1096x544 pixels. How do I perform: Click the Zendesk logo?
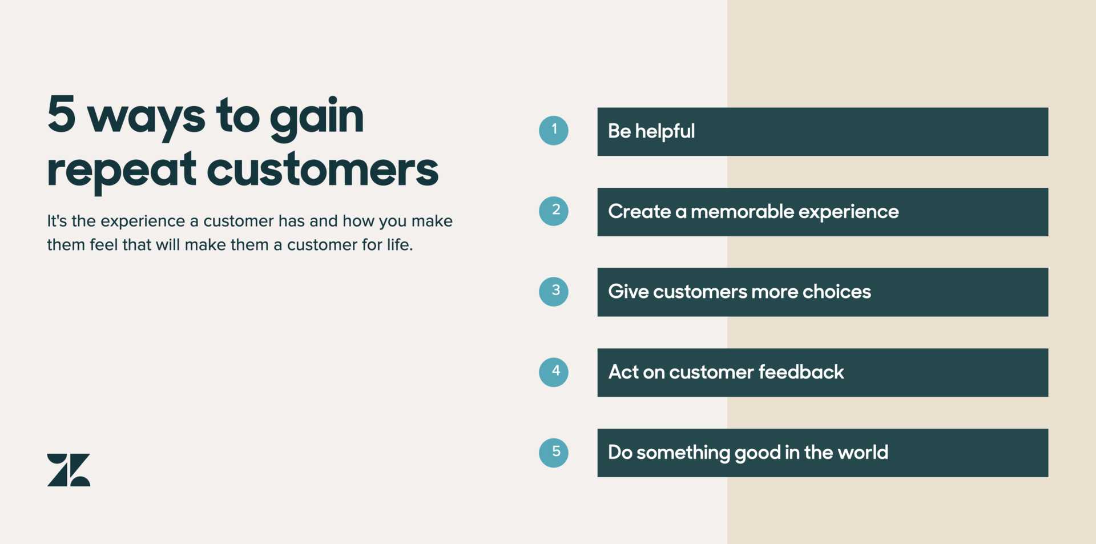[x=68, y=470]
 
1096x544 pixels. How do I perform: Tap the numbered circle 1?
[x=554, y=131]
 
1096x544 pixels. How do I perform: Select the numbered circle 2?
[x=554, y=211]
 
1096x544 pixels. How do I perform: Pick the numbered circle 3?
[x=554, y=292]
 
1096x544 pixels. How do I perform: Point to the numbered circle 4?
[x=554, y=372]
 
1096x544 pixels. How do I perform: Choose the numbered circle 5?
[x=554, y=453]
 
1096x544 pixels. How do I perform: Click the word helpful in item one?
[x=665, y=132]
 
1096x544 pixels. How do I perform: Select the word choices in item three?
[x=837, y=292]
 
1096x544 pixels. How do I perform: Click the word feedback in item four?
[x=801, y=372]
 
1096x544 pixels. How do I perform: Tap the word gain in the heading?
[x=317, y=119]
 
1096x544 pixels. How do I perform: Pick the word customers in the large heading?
[x=323, y=170]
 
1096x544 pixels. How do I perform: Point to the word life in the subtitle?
[x=400, y=244]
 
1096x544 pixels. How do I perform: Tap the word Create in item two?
[x=639, y=212]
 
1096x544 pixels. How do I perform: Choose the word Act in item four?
[x=623, y=372]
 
